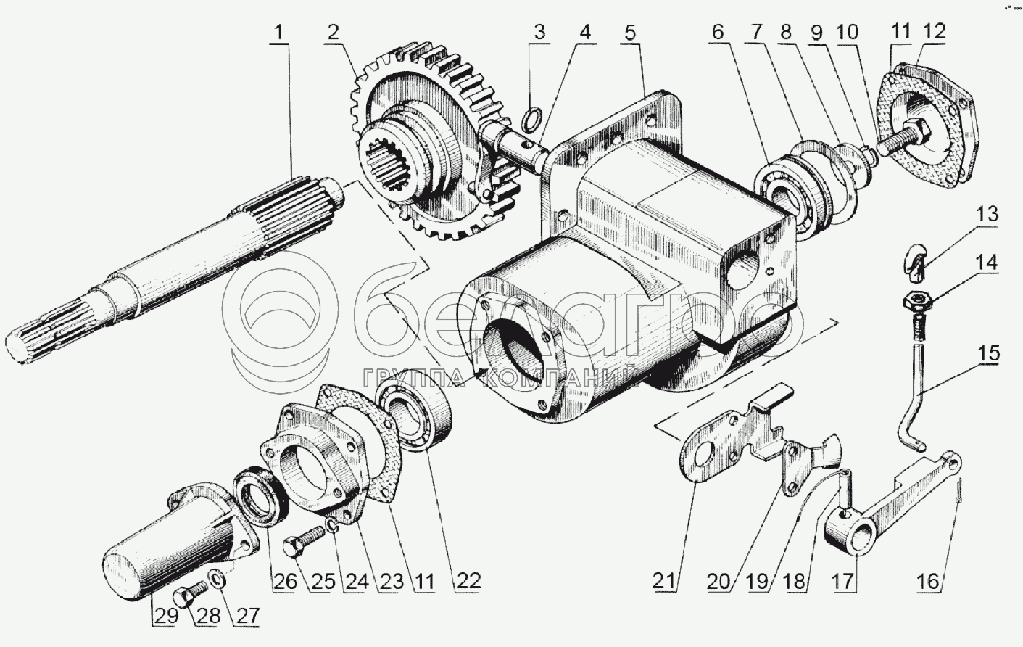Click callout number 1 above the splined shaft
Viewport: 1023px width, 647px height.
point(280,33)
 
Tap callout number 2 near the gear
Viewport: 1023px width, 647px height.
point(332,33)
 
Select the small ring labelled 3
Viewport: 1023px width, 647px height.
point(532,117)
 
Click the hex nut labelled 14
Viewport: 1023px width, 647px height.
point(917,300)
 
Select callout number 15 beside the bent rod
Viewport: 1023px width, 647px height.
point(988,354)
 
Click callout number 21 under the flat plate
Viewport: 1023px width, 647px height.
point(666,580)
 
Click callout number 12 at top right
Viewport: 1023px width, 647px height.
point(934,33)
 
